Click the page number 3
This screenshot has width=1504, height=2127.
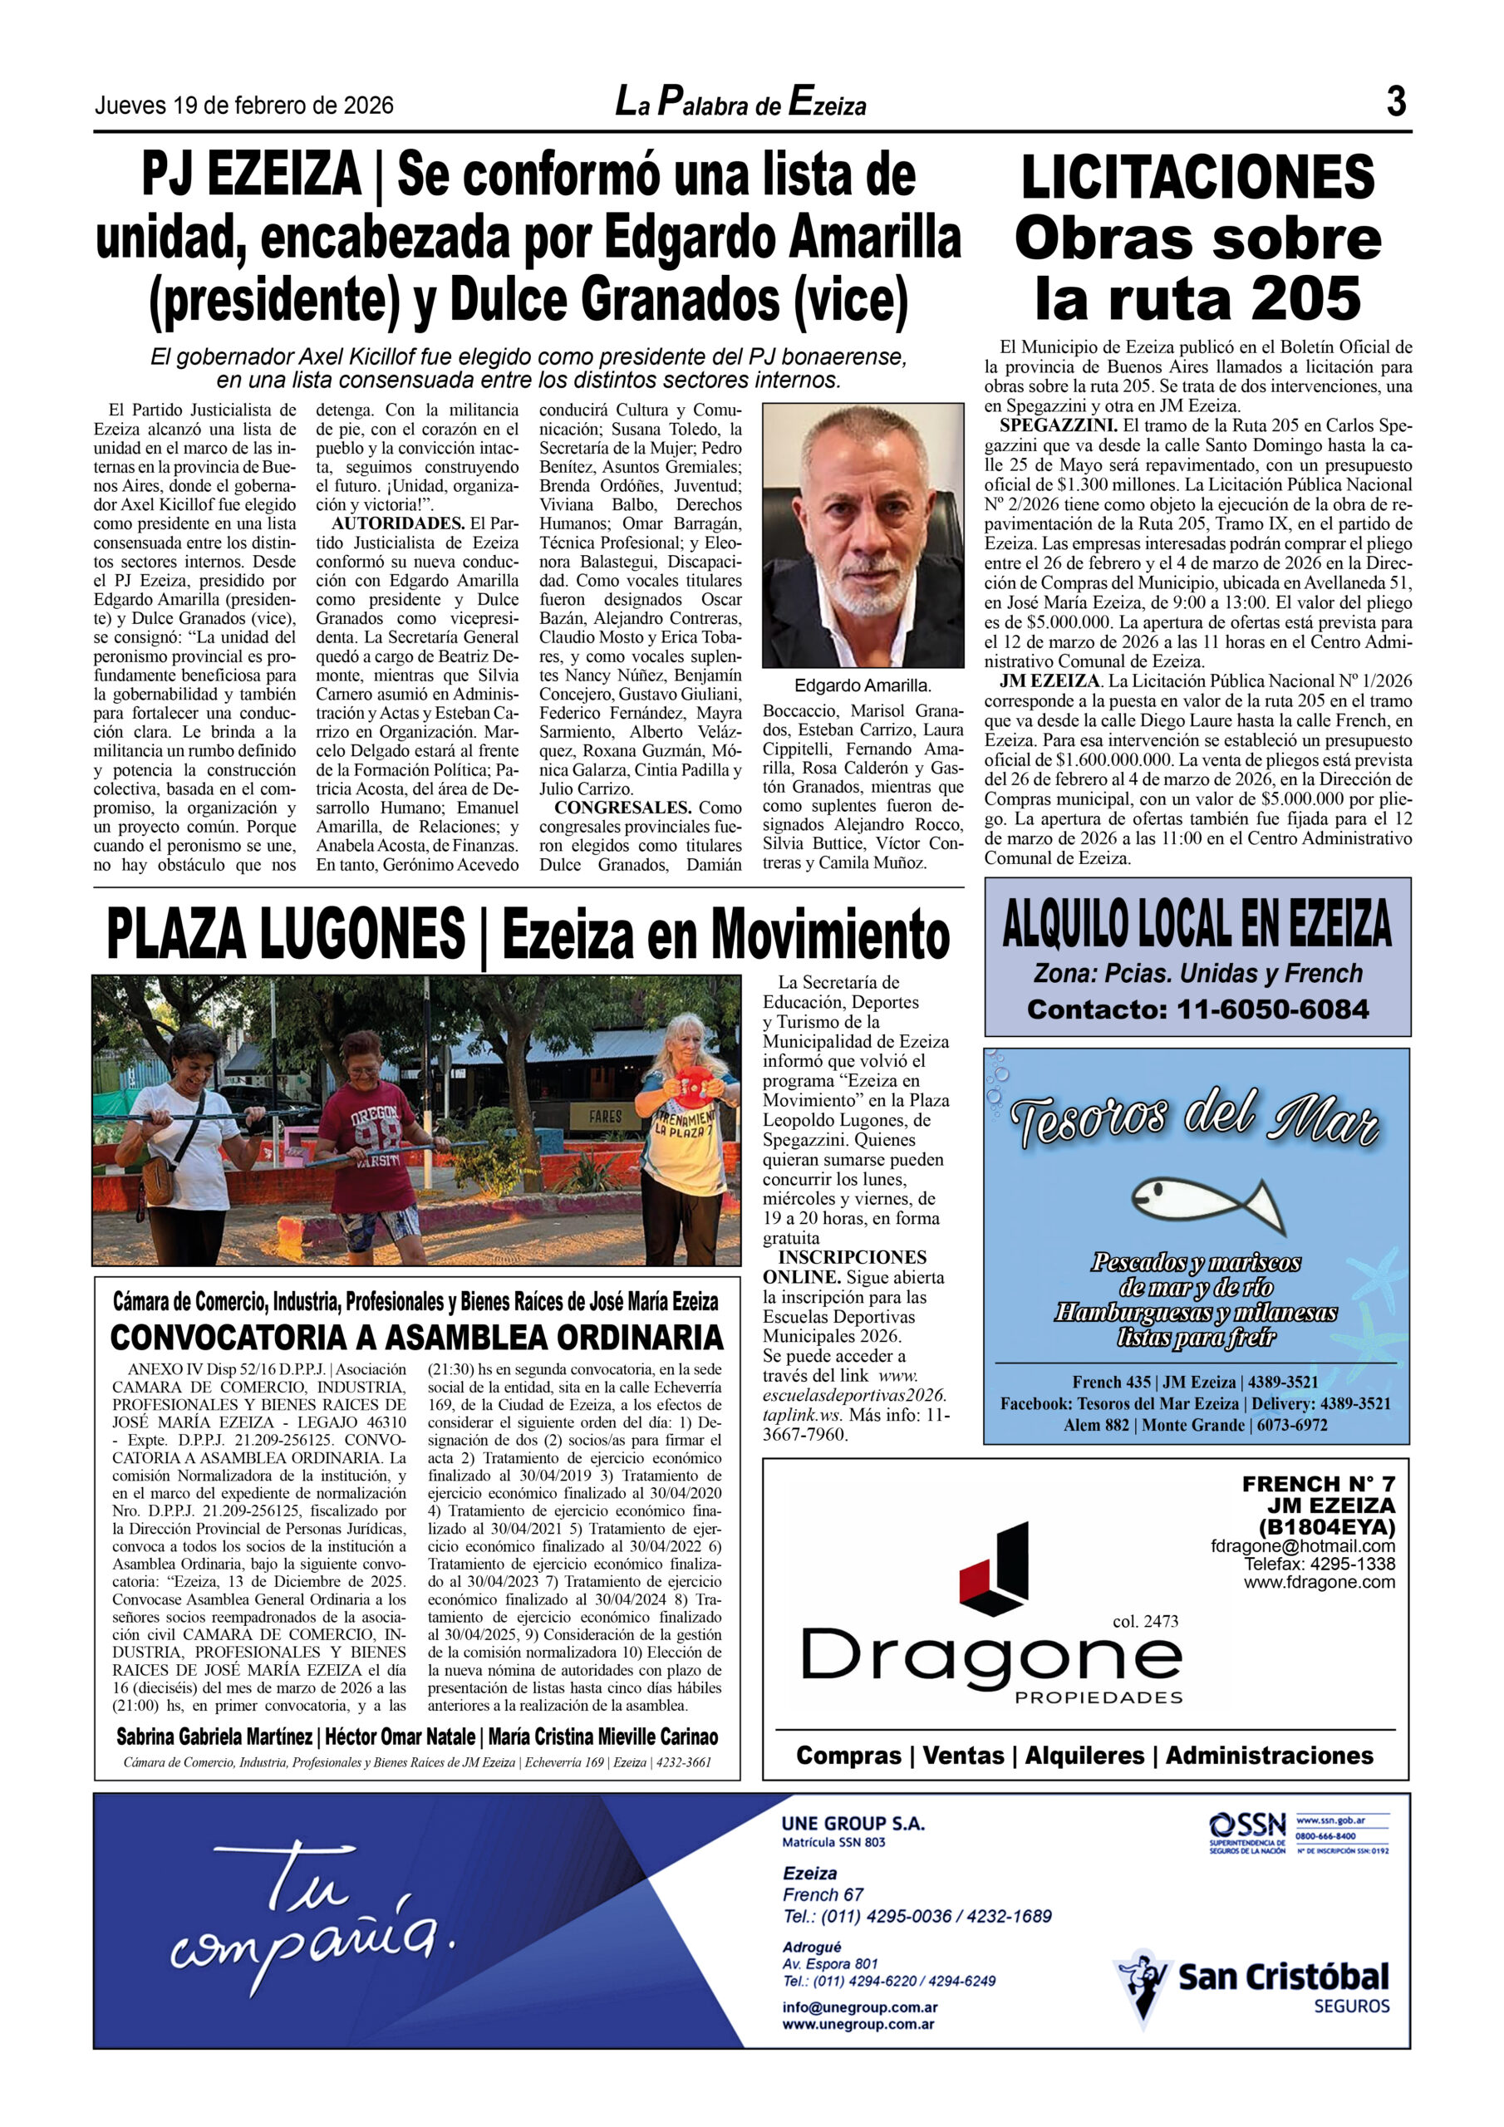[x=1396, y=101]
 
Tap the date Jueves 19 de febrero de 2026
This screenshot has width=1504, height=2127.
[x=243, y=106]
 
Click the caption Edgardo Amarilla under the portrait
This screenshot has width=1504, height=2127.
[x=862, y=685]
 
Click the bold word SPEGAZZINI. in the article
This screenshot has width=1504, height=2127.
[x=1057, y=425]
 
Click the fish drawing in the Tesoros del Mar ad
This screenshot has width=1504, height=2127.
[x=1207, y=1201]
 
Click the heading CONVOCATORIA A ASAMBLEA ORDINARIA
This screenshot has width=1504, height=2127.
[x=417, y=1337]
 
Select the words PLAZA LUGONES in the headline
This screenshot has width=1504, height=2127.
[x=285, y=933]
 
